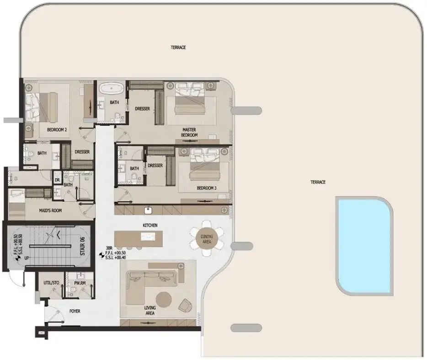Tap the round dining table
point(207,239)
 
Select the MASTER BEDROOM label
point(189,132)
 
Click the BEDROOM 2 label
point(57,130)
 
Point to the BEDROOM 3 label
point(207,188)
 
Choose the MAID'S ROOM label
point(50,210)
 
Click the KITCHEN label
point(150,226)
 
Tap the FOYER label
point(75,311)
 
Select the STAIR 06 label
point(82,246)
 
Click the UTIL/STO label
point(51,283)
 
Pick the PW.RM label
point(80,283)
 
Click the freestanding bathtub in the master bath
point(112,89)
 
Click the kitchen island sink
point(148,236)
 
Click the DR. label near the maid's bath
point(58,180)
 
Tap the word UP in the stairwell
point(27,258)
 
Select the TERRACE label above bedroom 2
point(178,48)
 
